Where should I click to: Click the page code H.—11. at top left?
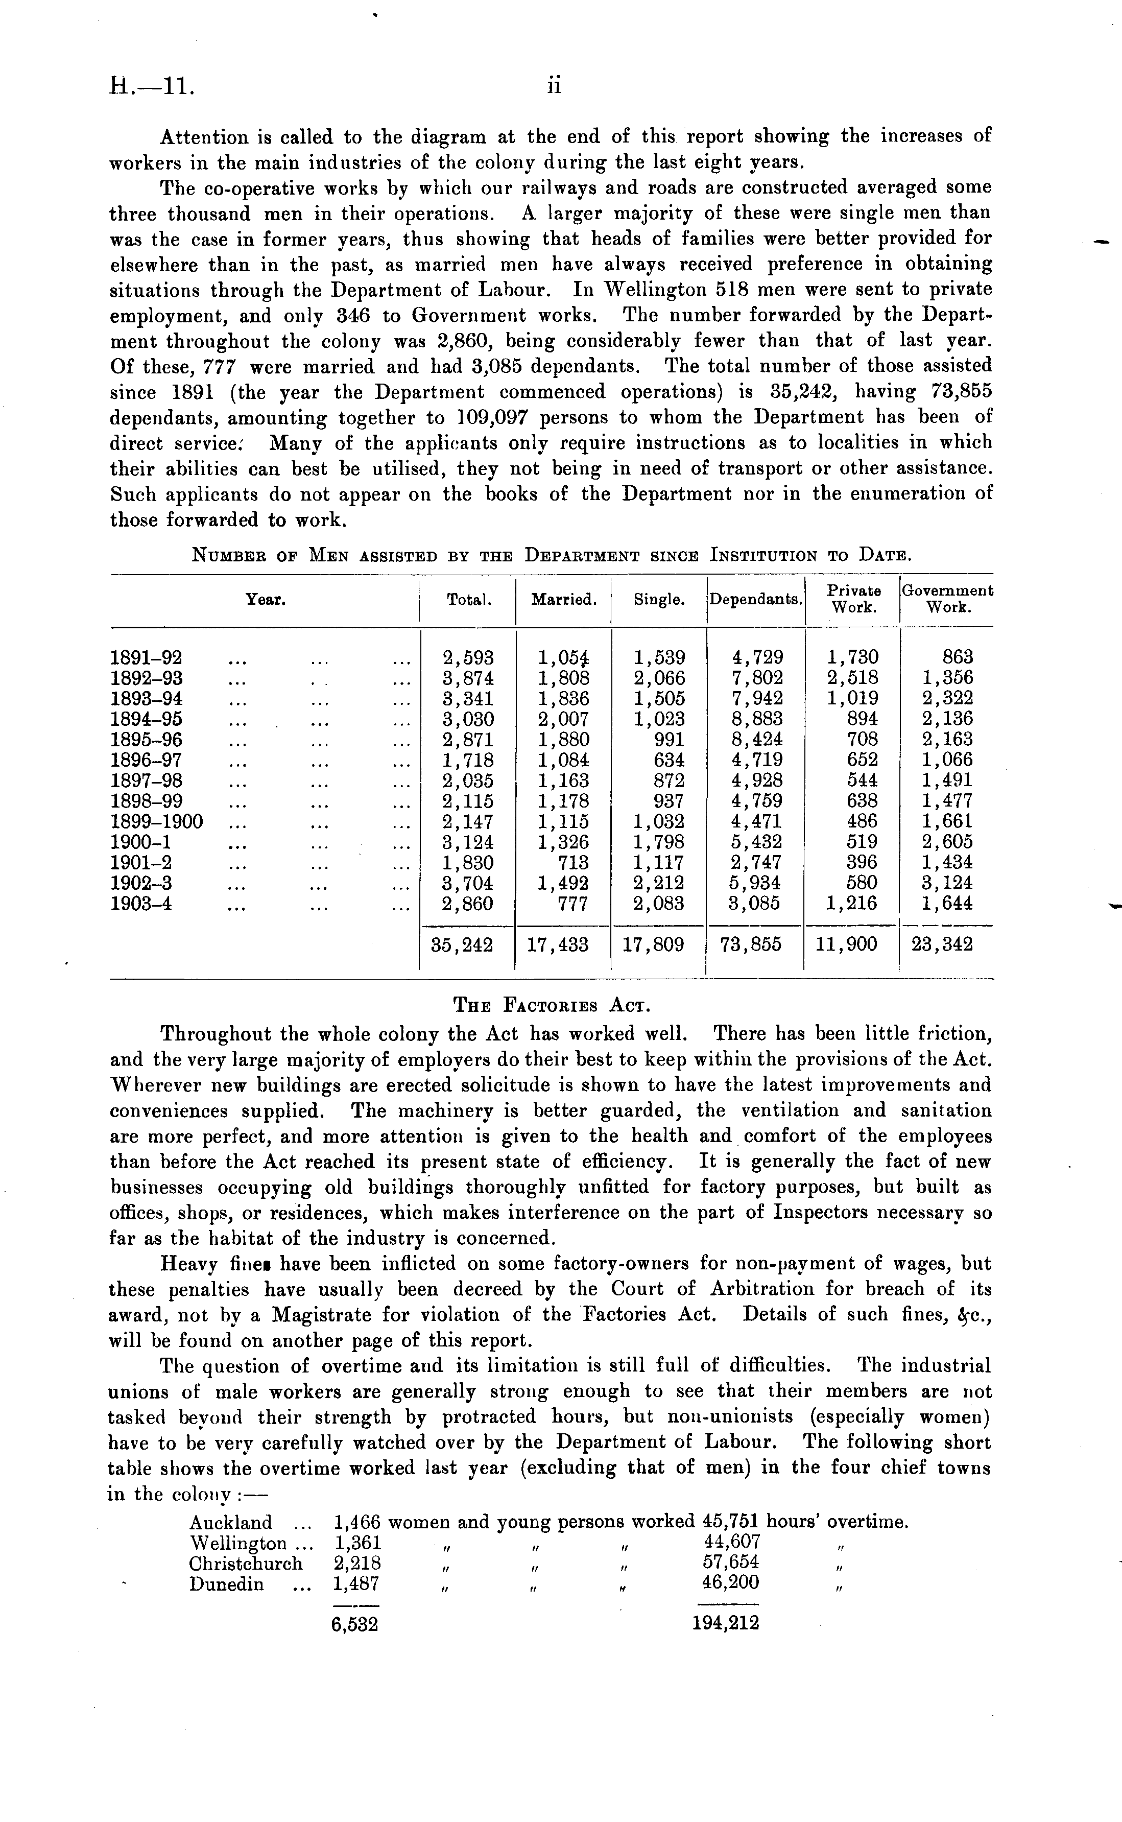(x=151, y=87)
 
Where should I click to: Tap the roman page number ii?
(x=554, y=87)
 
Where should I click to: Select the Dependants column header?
(x=755, y=600)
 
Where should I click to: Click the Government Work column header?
(x=947, y=599)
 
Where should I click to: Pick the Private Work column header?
(x=853, y=599)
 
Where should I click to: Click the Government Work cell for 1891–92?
(x=957, y=657)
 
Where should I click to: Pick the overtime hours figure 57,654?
(x=731, y=1564)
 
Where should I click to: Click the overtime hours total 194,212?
(x=725, y=1624)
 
